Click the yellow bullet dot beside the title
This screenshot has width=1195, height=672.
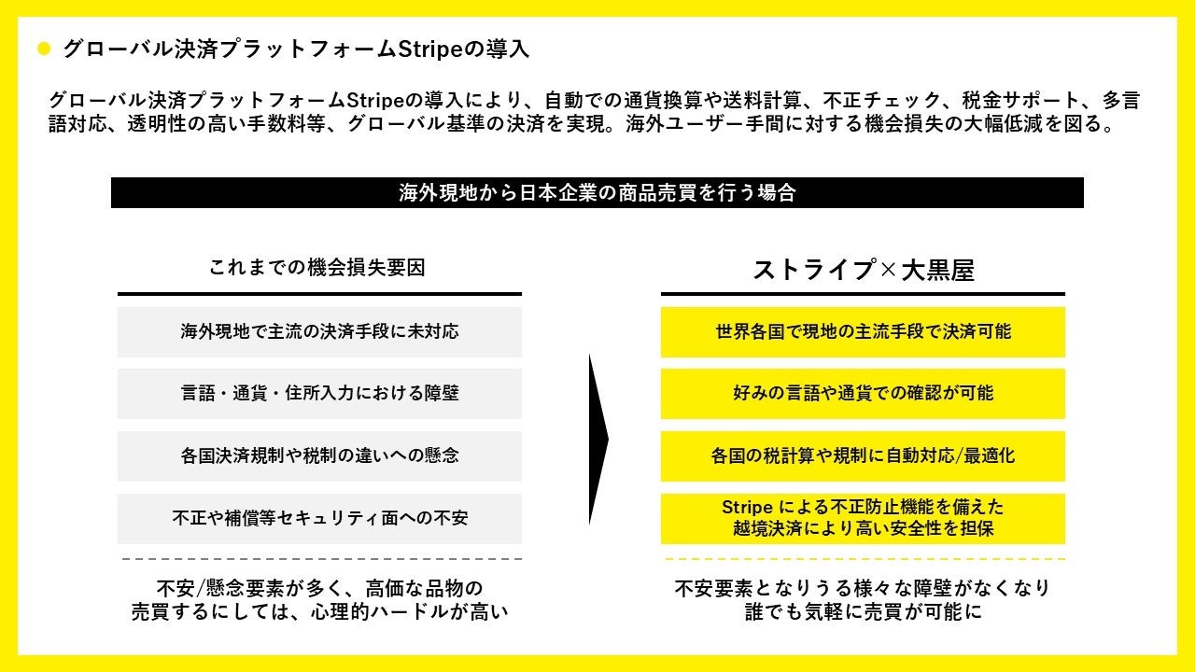tap(43, 49)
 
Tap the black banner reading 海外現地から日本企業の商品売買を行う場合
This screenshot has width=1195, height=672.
tap(597, 193)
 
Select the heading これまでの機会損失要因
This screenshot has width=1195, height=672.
tap(318, 268)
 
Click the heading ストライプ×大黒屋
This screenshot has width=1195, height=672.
tap(863, 270)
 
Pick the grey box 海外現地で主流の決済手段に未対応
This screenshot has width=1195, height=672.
tap(319, 331)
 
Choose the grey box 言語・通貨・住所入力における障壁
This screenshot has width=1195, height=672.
tap(319, 393)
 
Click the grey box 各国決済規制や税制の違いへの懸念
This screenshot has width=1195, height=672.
tap(319, 455)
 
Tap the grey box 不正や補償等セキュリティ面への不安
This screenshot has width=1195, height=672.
tap(319, 518)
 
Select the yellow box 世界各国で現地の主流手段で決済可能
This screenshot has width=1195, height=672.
tap(863, 331)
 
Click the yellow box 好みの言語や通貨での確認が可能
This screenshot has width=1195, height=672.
tap(863, 393)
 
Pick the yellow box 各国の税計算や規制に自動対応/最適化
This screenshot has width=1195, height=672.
tap(863, 455)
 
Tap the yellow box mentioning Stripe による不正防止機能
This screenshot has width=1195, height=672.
tap(863, 518)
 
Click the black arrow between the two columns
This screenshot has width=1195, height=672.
tap(597, 439)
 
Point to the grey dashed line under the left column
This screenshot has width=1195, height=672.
tap(319, 558)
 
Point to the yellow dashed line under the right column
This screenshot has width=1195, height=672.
tap(863, 558)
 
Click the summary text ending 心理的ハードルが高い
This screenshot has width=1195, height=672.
tap(319, 601)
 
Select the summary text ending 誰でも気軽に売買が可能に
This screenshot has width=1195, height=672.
tap(863, 601)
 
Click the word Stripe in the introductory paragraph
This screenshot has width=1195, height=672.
tap(376, 101)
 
